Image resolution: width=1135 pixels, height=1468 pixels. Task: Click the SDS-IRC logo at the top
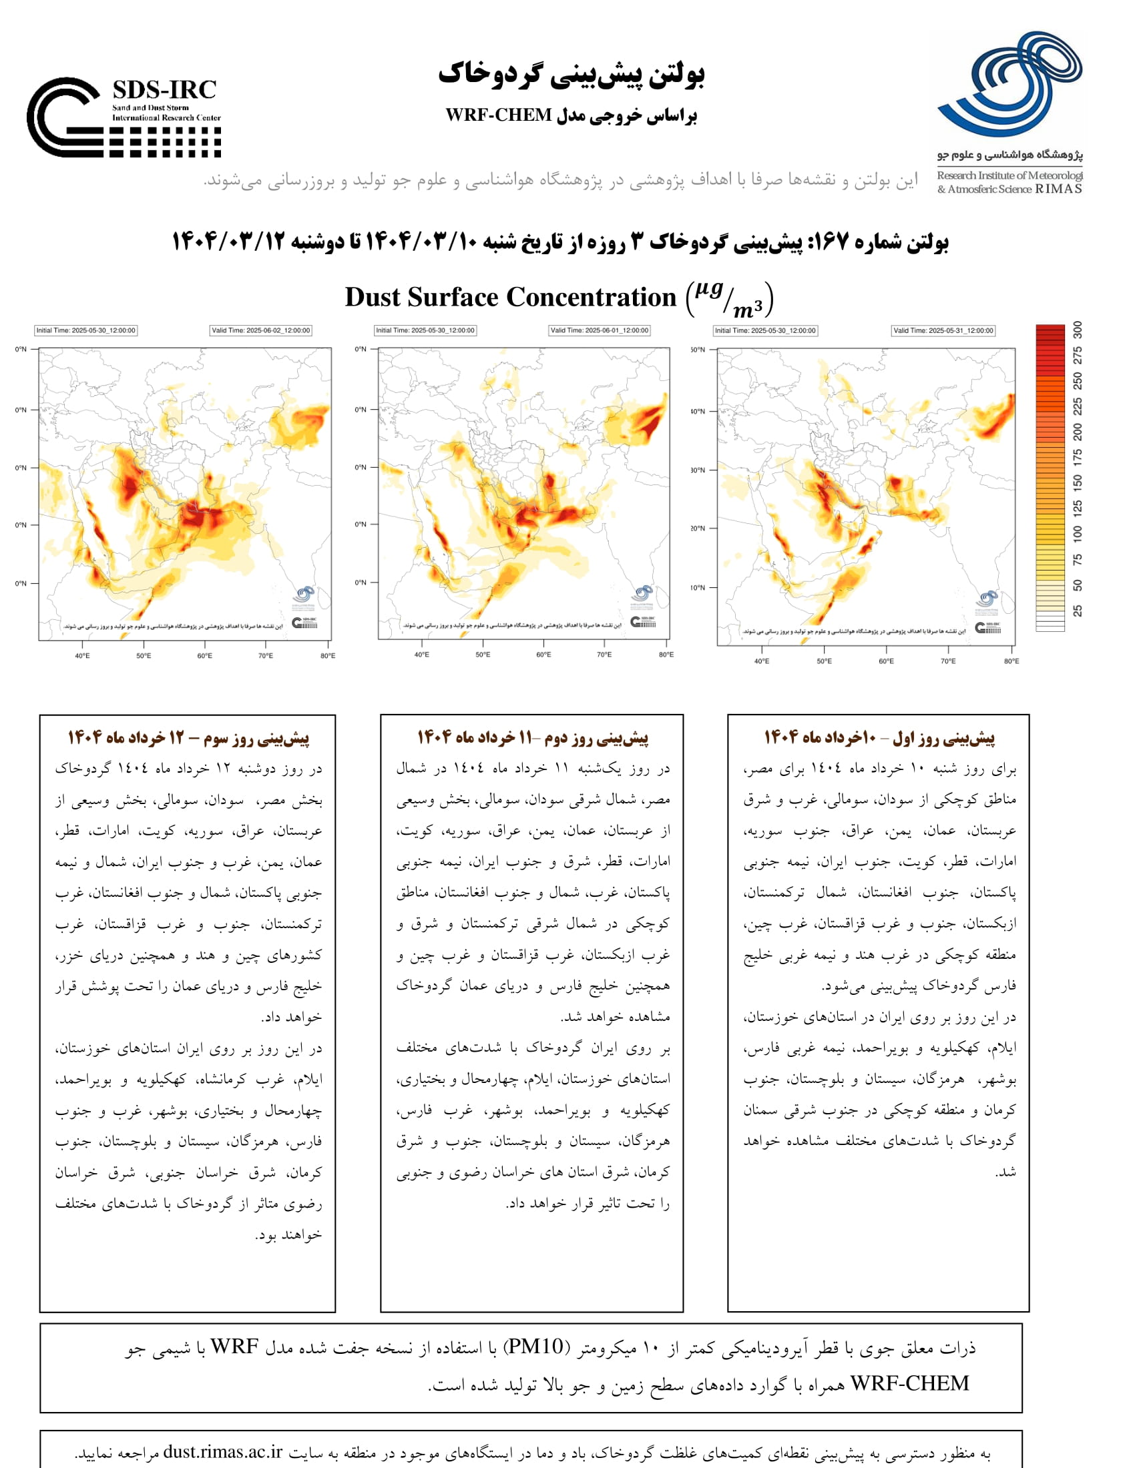pos(124,117)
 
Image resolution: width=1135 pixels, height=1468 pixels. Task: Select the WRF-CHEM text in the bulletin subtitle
pos(498,115)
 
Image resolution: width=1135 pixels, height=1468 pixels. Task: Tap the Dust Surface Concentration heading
pos(509,297)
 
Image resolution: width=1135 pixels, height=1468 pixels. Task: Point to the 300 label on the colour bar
pos(1078,330)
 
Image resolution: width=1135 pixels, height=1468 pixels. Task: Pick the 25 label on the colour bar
pos(1078,611)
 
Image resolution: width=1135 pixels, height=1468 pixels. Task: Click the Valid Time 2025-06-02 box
pos(261,331)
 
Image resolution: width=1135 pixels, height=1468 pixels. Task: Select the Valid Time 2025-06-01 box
pos(600,331)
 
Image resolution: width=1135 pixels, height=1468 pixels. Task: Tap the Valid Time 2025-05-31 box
pos(943,331)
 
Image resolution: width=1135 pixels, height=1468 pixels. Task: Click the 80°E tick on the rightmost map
pos(1011,661)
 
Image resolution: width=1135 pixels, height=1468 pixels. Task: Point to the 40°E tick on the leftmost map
pos(82,655)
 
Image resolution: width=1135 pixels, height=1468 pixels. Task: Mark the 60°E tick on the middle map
pos(543,655)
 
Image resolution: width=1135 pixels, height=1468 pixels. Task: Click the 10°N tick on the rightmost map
pos(698,587)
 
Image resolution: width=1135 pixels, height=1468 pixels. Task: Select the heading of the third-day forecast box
pos(188,738)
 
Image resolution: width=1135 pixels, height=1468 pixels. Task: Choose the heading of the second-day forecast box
pos(533,738)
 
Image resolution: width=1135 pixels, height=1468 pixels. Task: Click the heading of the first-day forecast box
pos(879,738)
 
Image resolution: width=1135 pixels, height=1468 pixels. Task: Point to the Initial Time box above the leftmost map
pos(86,331)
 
